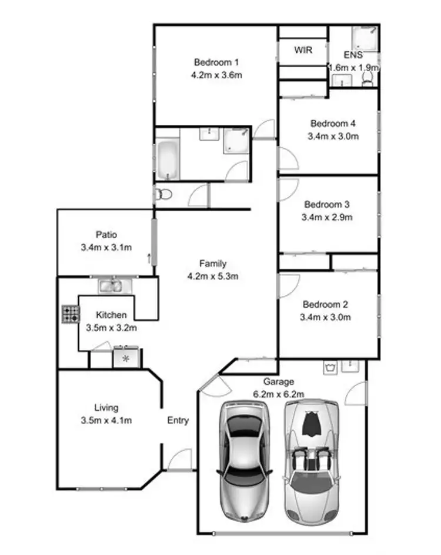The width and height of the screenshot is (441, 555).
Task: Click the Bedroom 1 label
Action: pyautogui.click(x=216, y=62)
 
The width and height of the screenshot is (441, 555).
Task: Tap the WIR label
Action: pyautogui.click(x=303, y=50)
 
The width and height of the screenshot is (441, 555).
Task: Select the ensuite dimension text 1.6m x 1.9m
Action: pyautogui.click(x=353, y=68)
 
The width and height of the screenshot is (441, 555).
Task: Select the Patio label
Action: pyautogui.click(x=106, y=234)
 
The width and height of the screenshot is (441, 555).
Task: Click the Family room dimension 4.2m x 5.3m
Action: pyautogui.click(x=212, y=276)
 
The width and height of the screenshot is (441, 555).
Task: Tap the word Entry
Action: pyautogui.click(x=178, y=420)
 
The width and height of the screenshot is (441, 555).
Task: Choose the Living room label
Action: pyautogui.click(x=106, y=407)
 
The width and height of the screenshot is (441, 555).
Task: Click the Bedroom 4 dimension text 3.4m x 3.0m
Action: pyautogui.click(x=333, y=136)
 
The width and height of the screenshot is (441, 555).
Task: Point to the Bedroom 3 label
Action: pyautogui.click(x=327, y=205)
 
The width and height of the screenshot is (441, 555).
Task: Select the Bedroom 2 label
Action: pyautogui.click(x=325, y=305)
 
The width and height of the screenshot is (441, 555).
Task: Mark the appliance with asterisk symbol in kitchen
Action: pyautogui.click(x=125, y=358)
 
